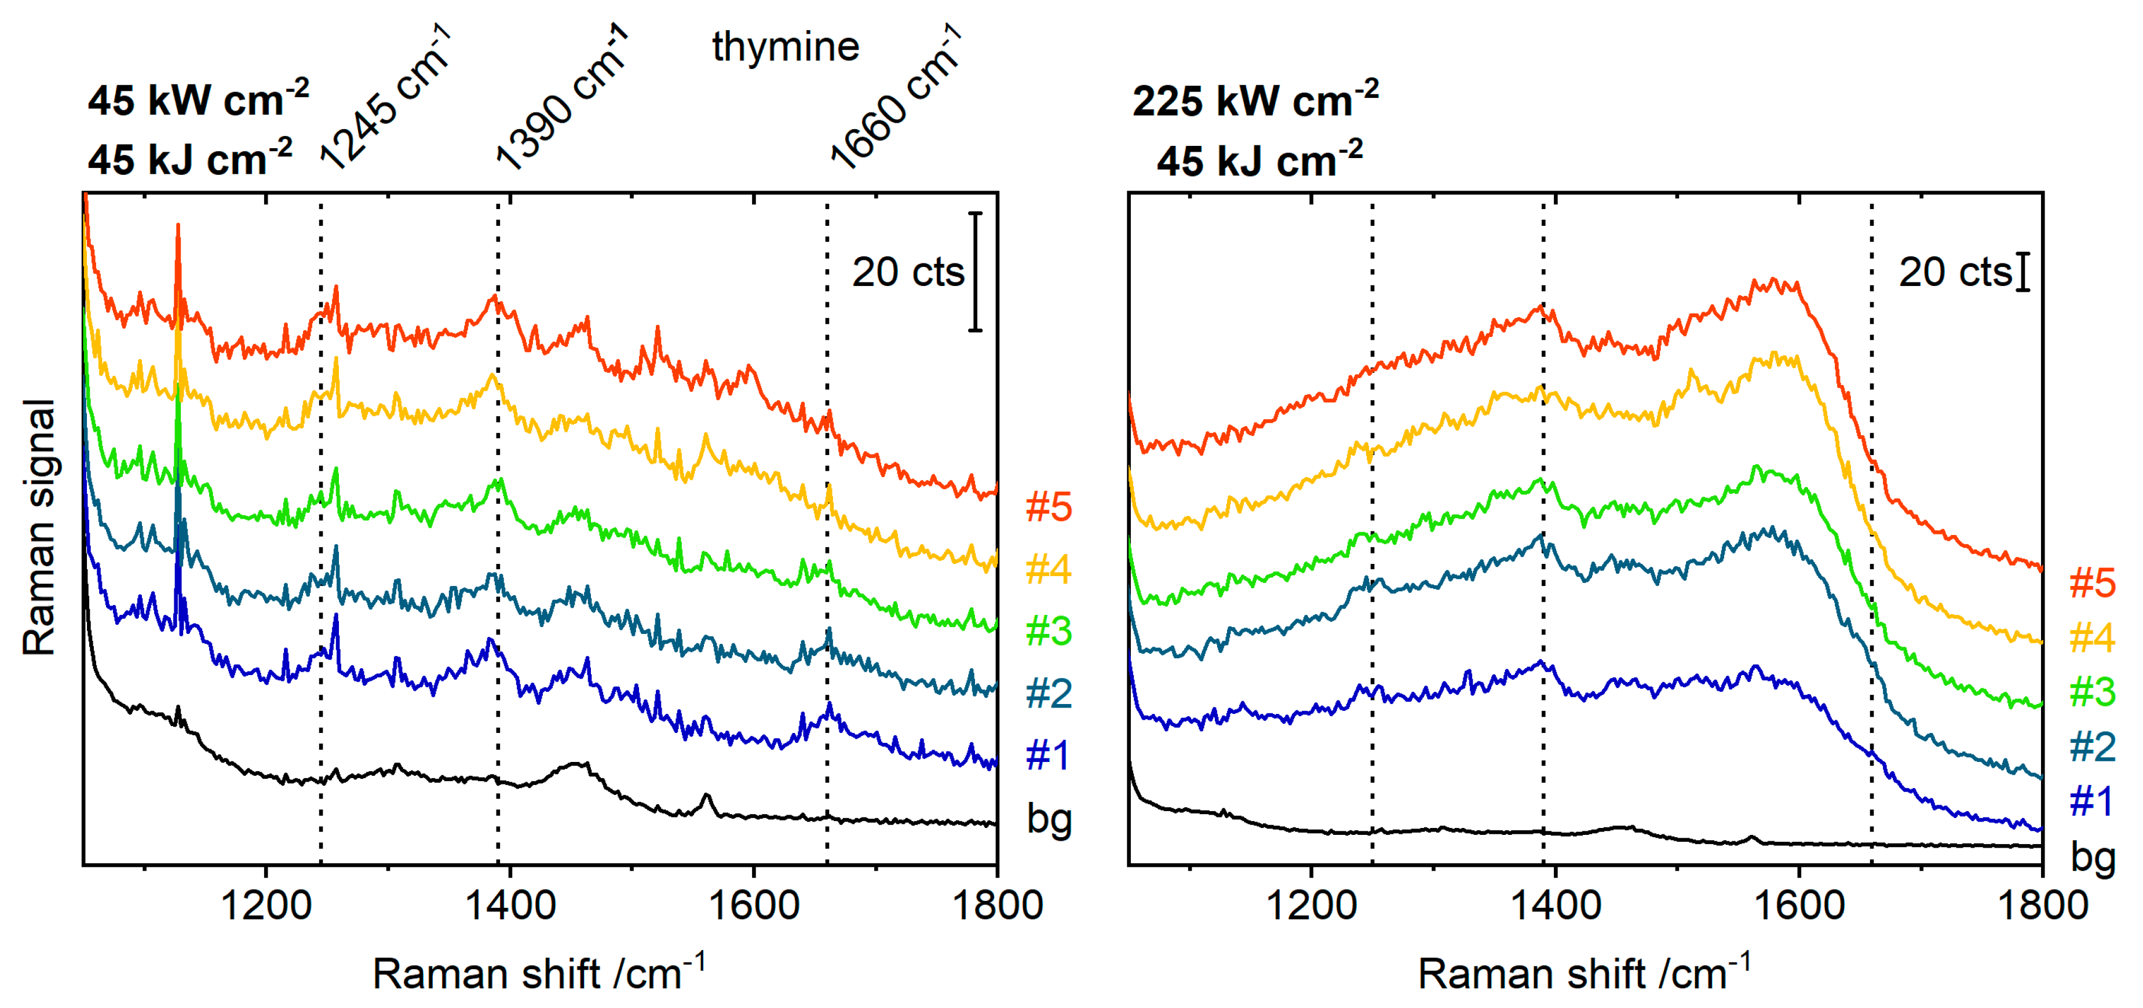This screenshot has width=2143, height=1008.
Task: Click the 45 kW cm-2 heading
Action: (198, 100)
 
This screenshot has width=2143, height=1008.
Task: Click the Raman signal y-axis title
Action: (39, 527)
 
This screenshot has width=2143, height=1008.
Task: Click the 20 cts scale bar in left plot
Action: (975, 272)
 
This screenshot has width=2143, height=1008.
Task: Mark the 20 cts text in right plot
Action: (1954, 272)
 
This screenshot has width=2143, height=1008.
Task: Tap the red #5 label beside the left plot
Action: (1048, 507)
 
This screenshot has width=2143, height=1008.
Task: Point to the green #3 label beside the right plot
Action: (2091, 692)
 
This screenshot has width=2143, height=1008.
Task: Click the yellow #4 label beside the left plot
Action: (1048, 569)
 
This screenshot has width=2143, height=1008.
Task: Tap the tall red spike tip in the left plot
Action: (177, 226)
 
